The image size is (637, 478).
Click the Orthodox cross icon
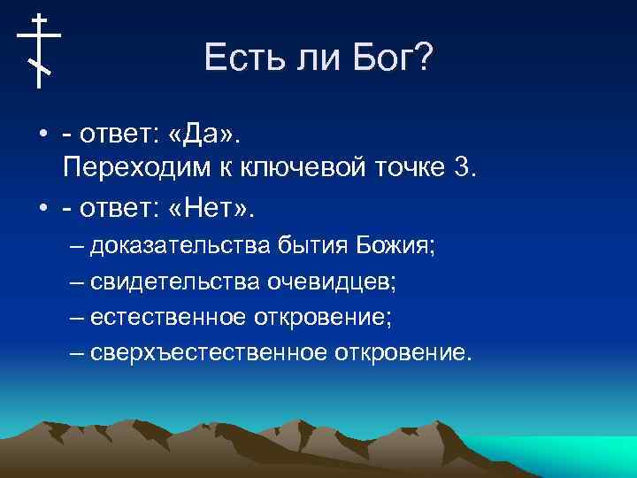pos(39,50)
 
